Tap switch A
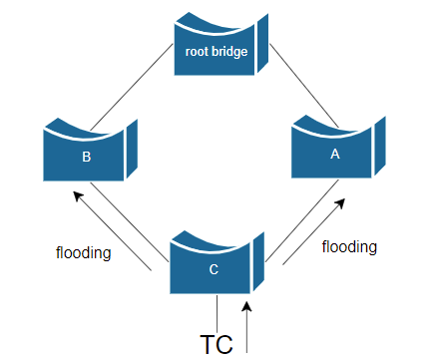point(338,147)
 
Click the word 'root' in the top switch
point(197,52)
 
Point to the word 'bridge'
point(229,53)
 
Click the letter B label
point(87,157)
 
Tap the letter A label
point(335,154)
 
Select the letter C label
point(214,269)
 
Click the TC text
point(217,344)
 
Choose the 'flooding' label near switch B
point(84,253)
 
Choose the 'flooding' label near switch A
point(349,247)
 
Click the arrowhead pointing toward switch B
point(78,195)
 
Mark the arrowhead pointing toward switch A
point(340,203)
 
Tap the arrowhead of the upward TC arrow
point(246,306)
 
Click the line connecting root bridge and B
point(132,87)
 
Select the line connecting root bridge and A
point(304,86)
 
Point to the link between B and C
point(130,222)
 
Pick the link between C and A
point(302,221)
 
